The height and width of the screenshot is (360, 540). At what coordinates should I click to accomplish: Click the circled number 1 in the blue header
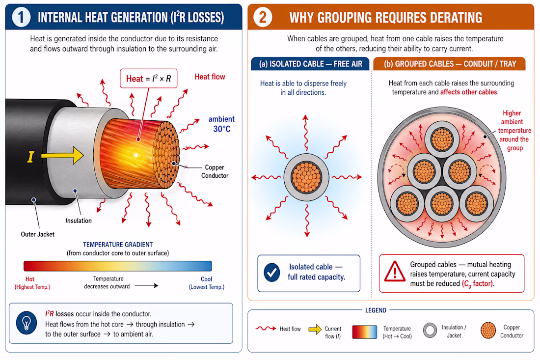[x=21, y=17]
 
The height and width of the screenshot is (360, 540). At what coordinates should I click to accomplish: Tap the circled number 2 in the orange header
[x=263, y=17]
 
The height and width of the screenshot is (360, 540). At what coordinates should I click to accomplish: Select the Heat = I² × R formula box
[x=148, y=79]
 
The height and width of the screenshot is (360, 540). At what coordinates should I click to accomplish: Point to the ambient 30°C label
[x=221, y=124]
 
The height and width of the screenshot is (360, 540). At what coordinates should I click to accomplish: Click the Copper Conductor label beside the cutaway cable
[x=215, y=171]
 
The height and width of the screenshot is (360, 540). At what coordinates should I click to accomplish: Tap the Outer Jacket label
[x=37, y=234]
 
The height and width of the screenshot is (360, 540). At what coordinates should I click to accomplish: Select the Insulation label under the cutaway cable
[x=79, y=221]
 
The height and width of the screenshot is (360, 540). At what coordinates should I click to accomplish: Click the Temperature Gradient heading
[x=118, y=245]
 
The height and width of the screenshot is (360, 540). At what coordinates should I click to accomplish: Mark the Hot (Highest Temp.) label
[x=32, y=283]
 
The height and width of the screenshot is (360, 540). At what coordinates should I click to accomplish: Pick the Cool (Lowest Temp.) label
[x=206, y=283]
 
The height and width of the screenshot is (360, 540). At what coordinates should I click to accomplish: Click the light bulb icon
[x=27, y=323]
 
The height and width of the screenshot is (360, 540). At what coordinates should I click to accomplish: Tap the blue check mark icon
[x=272, y=273]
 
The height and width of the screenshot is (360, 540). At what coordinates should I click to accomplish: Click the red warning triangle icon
[x=395, y=271]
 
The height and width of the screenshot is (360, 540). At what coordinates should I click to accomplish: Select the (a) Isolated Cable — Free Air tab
[x=310, y=64]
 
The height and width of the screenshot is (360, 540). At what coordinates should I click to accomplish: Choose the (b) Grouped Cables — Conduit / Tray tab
[x=450, y=64]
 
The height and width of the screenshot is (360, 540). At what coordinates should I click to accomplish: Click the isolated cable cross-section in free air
[x=306, y=177]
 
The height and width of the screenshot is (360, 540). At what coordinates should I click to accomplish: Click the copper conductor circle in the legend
[x=488, y=331]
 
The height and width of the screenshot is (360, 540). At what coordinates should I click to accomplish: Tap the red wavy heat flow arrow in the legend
[x=266, y=329]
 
